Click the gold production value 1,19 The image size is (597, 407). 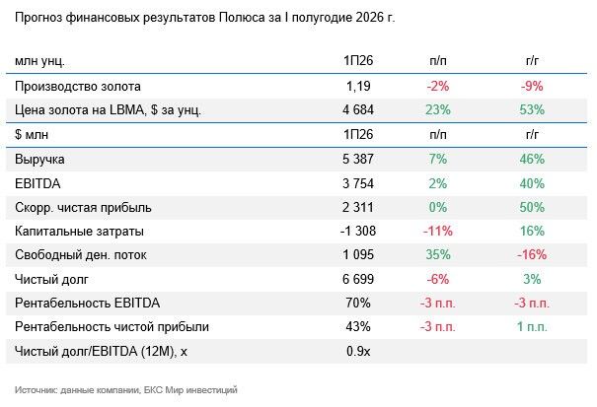[x=358, y=87]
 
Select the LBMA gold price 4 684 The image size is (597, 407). [x=358, y=110]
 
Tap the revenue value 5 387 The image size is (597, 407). [x=358, y=159]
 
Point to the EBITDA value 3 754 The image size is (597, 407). [x=358, y=183]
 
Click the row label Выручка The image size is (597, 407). [x=39, y=159]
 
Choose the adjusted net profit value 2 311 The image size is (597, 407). [x=358, y=207]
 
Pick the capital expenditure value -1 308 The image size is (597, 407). [x=358, y=231]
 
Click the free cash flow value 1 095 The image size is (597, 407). [x=358, y=254]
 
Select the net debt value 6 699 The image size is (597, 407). [x=358, y=279]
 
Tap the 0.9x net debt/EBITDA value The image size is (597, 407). [x=358, y=351]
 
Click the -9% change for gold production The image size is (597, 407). [x=532, y=87]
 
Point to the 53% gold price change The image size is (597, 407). [x=532, y=110]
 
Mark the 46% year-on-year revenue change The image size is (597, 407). [x=532, y=159]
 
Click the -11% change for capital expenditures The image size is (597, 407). [x=438, y=231]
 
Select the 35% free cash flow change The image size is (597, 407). [x=438, y=254]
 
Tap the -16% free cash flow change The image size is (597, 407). [x=532, y=254]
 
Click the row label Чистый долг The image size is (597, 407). [x=51, y=280]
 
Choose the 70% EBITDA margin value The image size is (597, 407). [x=358, y=304]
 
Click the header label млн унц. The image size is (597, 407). [x=39, y=61]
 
